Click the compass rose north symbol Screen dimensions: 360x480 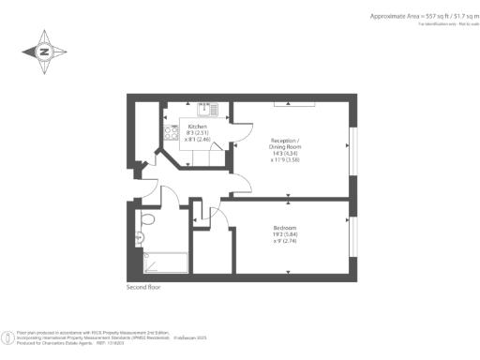(44, 52)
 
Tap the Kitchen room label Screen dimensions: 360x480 (197, 126)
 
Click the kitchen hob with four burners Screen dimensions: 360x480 (172, 133)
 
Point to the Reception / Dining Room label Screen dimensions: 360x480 (292, 143)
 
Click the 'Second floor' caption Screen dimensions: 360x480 (143, 287)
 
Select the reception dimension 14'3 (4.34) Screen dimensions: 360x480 (292, 153)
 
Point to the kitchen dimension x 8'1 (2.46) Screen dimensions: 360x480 (198, 139)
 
